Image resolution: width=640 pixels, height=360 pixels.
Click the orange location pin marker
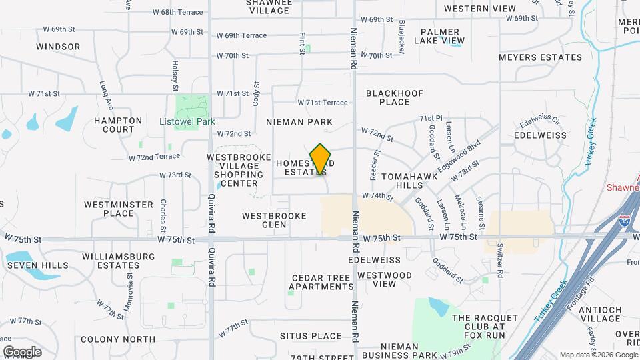321,159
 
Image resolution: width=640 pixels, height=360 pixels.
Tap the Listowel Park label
187,122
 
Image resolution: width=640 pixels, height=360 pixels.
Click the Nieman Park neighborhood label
299,122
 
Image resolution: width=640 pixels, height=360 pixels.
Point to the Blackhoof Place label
394,97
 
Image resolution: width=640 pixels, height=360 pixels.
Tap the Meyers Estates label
541,57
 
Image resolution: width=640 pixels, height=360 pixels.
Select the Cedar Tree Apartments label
321,282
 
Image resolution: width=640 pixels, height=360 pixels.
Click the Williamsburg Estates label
110,261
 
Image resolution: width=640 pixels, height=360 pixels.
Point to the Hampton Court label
118,125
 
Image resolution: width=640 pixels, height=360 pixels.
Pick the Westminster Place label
109,209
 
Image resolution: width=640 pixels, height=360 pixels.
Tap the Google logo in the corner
22,351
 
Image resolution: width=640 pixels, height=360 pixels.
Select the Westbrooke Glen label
274,220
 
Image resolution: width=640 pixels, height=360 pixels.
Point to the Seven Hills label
38,265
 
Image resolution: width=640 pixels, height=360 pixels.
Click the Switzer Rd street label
500,257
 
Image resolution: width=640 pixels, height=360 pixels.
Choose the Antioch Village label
600,315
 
